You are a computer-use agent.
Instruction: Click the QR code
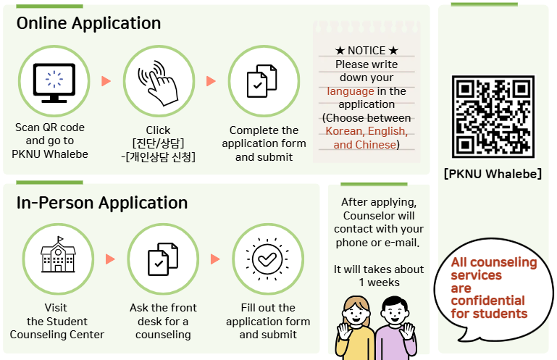coord(493,117)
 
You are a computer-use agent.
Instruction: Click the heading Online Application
coord(88,23)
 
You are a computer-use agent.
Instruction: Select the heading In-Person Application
coord(102,203)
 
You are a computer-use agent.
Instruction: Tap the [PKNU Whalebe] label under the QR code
coord(493,174)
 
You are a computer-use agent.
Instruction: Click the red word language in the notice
coord(351,91)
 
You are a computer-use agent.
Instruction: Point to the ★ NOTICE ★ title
coord(367,51)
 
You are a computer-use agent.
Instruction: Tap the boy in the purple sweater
coord(395,330)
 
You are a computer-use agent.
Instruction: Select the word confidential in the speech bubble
coord(487,301)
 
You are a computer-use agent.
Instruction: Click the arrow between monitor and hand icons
coord(106,80)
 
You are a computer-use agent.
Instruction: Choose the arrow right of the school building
coord(110,259)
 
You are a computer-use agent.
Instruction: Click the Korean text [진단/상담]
coord(158,143)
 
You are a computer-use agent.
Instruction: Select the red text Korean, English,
coord(366,131)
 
